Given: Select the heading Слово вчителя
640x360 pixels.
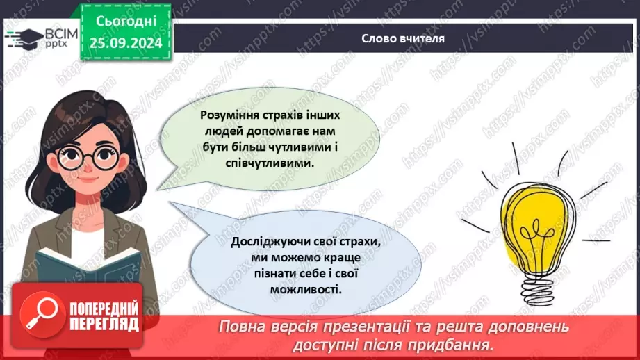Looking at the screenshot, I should tap(403, 38).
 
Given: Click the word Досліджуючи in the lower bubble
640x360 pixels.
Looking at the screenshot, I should tap(265, 243).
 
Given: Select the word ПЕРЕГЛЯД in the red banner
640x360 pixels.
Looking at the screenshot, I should tap(104, 323).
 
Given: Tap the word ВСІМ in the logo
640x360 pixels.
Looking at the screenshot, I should tap(58, 33).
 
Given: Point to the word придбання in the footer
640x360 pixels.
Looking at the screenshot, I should tap(459, 344).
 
